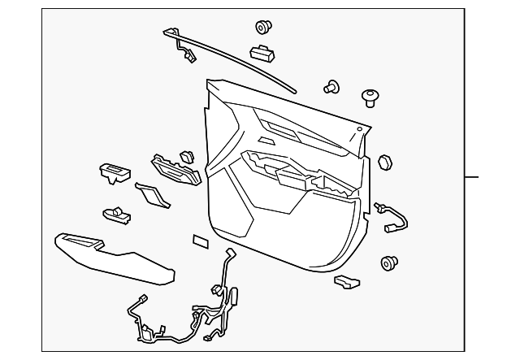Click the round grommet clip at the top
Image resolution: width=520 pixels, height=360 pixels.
click(263, 28)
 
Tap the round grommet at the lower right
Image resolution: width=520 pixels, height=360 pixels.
click(388, 263)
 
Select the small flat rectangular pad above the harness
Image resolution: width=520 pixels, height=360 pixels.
click(199, 241)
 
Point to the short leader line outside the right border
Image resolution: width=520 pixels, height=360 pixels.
click(472, 177)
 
